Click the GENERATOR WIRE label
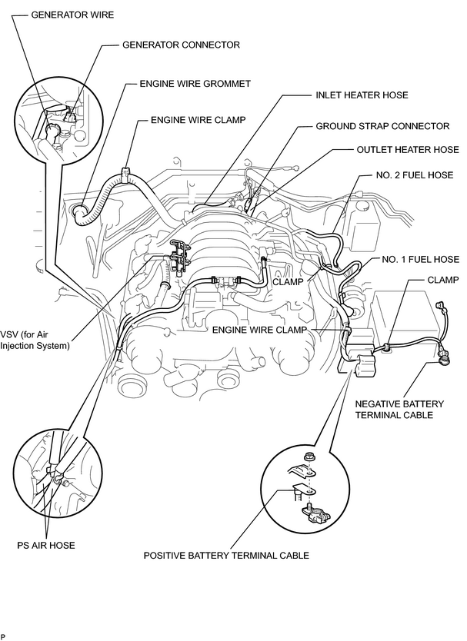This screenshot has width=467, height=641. [72, 15]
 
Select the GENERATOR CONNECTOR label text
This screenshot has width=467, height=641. [181, 45]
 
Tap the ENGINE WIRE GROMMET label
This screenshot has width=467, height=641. [195, 84]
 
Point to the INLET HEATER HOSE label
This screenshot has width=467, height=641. [362, 95]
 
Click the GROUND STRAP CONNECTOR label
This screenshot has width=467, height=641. [382, 126]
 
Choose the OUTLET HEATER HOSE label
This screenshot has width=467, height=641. [408, 150]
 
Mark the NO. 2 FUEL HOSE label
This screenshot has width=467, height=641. [414, 175]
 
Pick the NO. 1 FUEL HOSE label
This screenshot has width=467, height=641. [420, 259]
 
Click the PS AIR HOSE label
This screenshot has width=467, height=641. [46, 545]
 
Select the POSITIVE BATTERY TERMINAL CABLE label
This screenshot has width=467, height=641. [226, 555]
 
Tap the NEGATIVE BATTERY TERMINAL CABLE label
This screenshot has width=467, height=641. [399, 409]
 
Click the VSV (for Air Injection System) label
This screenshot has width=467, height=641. [35, 340]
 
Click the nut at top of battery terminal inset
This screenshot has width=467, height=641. [310, 457]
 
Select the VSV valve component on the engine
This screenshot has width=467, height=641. [178, 257]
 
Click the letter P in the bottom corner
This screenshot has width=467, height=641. [2, 637]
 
